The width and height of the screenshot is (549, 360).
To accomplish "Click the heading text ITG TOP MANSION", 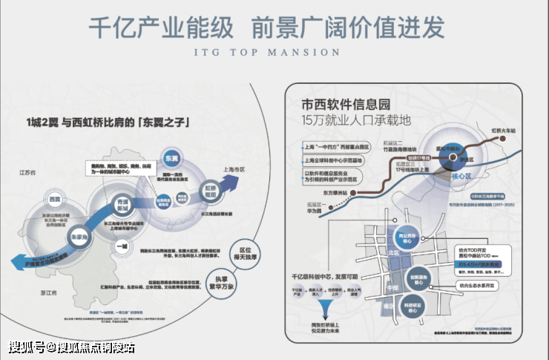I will (x=268, y=53).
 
